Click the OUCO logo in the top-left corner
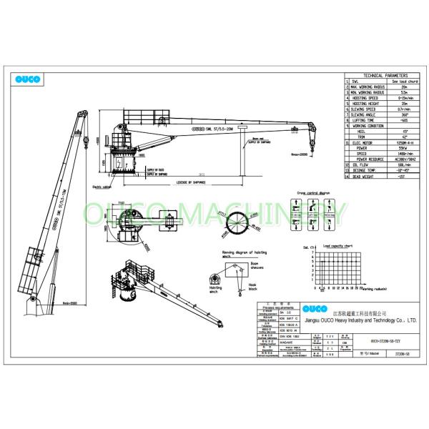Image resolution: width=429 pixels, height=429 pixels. [x=30, y=79]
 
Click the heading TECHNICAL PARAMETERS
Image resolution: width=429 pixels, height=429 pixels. [x=386, y=75]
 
